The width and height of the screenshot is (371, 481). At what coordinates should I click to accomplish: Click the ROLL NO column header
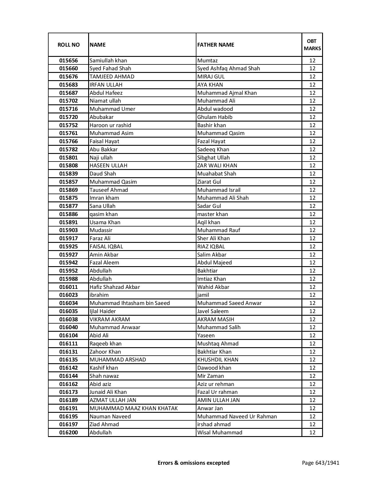point(68,45)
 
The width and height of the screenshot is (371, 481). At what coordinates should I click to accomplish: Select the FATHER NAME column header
point(216,45)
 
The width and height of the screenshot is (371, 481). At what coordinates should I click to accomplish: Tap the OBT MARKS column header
point(312,45)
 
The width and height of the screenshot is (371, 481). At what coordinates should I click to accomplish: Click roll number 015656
point(68,61)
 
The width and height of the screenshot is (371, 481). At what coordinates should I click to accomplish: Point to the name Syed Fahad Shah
point(110,69)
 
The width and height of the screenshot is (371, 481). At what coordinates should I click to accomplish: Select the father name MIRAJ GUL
point(211,77)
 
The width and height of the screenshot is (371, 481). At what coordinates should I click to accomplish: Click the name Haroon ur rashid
point(110,125)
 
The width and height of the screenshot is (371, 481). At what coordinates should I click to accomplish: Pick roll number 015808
point(68,166)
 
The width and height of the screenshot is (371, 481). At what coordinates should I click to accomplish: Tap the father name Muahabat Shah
point(216,174)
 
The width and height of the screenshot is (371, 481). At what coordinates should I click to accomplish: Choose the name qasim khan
point(104,214)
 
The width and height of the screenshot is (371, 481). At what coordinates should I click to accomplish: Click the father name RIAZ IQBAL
point(211,247)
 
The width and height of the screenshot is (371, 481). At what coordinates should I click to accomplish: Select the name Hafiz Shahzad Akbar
point(115,287)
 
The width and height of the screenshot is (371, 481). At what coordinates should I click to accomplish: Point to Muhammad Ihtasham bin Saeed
point(129,303)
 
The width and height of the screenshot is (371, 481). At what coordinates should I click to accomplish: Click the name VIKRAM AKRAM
point(110,320)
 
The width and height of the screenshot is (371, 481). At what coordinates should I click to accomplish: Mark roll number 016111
point(68,344)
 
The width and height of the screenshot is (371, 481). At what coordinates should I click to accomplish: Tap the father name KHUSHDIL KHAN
point(218,360)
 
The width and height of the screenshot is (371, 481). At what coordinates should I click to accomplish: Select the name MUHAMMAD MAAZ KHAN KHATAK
point(134,408)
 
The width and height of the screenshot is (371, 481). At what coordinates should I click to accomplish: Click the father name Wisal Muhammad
point(220,433)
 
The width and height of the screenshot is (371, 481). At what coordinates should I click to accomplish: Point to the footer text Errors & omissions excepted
point(194,463)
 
